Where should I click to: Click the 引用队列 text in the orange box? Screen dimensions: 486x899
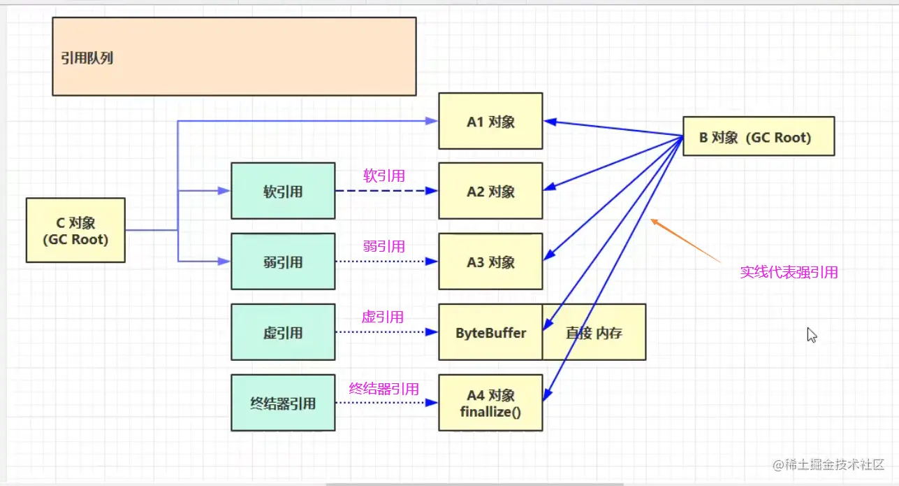click(87, 58)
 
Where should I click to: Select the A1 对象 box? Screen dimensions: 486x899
click(490, 121)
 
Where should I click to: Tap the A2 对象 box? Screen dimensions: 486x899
click(490, 191)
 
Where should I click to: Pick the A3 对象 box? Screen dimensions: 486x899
click(490, 262)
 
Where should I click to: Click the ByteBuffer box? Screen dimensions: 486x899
click(490, 333)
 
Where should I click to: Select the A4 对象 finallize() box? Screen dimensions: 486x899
click(490, 403)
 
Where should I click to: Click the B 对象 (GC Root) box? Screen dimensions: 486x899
click(758, 136)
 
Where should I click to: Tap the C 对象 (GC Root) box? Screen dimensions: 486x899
click(75, 230)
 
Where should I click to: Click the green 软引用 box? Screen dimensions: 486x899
click(283, 191)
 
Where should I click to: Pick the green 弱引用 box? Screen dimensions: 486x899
click(283, 262)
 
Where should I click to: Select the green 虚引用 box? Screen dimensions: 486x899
click(283, 333)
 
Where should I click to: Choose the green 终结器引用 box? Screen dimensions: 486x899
click(283, 403)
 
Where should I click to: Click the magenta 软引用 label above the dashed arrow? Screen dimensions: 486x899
click(384, 176)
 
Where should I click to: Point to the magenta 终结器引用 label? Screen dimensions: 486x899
click(384, 389)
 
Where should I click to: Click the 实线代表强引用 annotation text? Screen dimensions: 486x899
click(789, 273)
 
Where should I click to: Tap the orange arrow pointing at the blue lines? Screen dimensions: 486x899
click(685, 241)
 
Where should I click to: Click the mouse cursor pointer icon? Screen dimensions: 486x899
click(812, 335)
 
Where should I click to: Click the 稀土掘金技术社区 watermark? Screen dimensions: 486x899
click(828, 464)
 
